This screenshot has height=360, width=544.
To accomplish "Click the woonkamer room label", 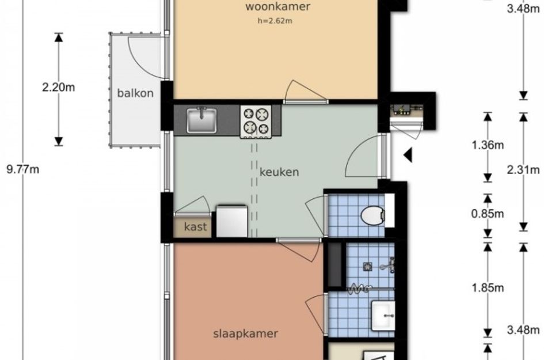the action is (x=277, y=6).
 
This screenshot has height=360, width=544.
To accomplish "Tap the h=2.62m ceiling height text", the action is (x=275, y=21).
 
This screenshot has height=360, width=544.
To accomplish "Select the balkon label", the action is (x=135, y=93).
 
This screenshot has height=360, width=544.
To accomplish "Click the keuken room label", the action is (x=279, y=172).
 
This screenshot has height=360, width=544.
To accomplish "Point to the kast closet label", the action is (x=195, y=227).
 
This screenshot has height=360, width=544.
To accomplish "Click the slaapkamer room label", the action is (x=246, y=334).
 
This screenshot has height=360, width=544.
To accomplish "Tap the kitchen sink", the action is (x=201, y=120).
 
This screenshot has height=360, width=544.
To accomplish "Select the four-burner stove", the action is (x=257, y=121).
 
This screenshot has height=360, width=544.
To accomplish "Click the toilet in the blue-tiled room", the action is (x=372, y=215).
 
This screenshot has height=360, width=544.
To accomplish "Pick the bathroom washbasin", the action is (x=383, y=316).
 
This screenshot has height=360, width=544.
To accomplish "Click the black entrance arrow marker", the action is (x=408, y=155).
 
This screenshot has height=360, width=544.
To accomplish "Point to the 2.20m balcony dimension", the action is (x=58, y=88).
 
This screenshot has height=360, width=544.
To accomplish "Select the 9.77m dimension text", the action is (x=23, y=170).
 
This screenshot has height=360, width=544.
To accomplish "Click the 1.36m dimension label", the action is (x=488, y=145).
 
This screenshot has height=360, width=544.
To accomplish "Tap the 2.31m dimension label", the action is (x=523, y=170).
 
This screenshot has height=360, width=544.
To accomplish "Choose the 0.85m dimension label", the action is (x=488, y=214).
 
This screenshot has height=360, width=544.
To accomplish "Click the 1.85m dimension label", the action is (x=488, y=288).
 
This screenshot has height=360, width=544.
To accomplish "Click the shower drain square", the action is (x=368, y=267).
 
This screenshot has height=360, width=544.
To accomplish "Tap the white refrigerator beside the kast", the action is (x=232, y=222).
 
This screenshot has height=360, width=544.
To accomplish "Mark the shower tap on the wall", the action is (x=388, y=265).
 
